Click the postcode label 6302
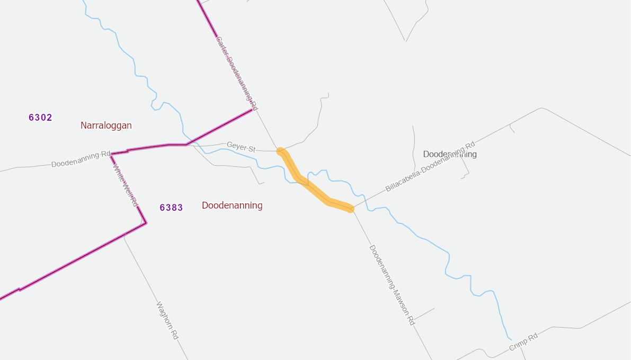40,118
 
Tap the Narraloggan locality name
106,125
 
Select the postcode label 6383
171,208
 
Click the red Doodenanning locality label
232,205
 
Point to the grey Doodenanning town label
450,154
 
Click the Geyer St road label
241,147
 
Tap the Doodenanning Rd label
81,159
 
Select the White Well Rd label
126,185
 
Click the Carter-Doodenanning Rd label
236,73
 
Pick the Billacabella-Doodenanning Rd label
430,167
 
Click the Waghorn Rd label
167,321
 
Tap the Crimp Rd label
523,341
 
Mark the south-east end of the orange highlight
350,208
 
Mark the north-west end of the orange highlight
281,152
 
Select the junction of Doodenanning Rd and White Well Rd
111,154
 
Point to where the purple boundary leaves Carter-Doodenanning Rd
252,110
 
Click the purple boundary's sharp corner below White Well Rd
146,223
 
